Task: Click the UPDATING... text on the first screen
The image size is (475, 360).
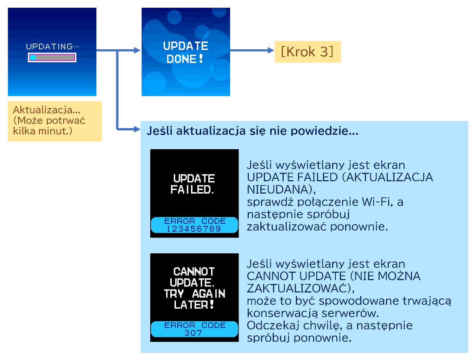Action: pyautogui.click(x=52, y=46)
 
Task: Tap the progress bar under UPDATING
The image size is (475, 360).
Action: pyautogui.click(x=52, y=58)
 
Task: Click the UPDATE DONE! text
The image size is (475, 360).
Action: pyautogui.click(x=185, y=52)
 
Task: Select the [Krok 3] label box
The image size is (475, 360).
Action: pyautogui.click(x=308, y=52)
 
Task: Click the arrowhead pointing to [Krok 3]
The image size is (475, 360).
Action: pyautogui.click(x=271, y=50)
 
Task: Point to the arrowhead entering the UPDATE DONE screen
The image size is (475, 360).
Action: pyautogui.click(x=137, y=50)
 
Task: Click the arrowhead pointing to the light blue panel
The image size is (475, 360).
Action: pyautogui.click(x=137, y=130)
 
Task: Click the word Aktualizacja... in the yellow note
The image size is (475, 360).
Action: pyautogui.click(x=46, y=110)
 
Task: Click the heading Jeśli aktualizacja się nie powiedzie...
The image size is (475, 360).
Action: pyautogui.click(x=252, y=131)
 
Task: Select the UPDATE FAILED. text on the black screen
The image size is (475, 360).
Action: pyautogui.click(x=192, y=184)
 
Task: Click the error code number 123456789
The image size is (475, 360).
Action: pyautogui.click(x=194, y=229)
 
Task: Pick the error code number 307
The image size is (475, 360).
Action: pyautogui.click(x=193, y=333)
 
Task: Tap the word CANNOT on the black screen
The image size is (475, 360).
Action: pyautogui.click(x=194, y=272)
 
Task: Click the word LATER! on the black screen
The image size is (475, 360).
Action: pyautogui.click(x=194, y=305)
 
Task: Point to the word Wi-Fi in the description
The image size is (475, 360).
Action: pyautogui.click(x=377, y=202)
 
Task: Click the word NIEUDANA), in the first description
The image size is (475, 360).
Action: pyautogui.click(x=281, y=190)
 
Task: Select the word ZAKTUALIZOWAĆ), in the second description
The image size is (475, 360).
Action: pyautogui.click(x=300, y=289)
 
